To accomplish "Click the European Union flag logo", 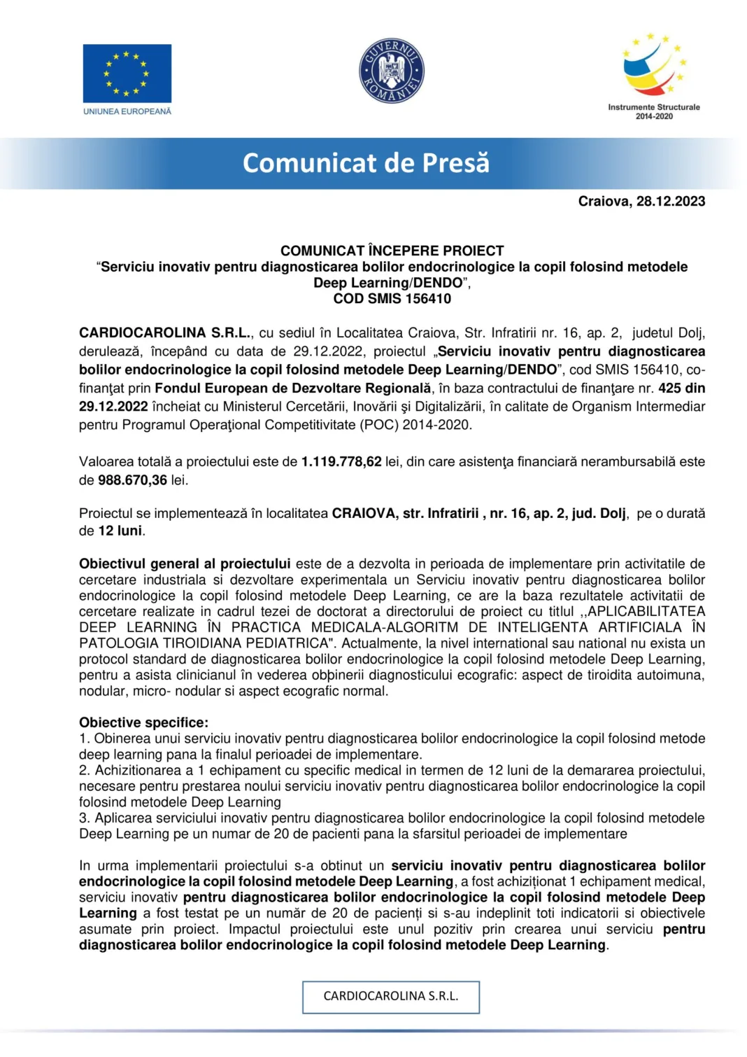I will coord(127,73).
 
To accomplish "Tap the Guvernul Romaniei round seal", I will coord(391,71).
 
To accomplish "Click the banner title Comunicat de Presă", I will coord(366,163).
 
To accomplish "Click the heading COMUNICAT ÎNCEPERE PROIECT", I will coord(392,251).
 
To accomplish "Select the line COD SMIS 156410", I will coord(392,299).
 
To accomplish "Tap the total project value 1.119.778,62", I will coord(341,462).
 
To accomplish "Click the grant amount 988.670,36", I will coord(132,480).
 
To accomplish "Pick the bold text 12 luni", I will coord(120,531).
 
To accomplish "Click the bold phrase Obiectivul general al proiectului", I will coord(185,563).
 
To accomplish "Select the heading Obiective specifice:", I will coord(143,722).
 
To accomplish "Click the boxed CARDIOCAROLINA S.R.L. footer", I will coord(390,996).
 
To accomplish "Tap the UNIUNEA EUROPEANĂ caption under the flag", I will coord(127,111).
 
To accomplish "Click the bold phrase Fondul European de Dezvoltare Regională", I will coord(293,388).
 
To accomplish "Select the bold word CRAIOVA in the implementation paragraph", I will coord(363,513).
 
